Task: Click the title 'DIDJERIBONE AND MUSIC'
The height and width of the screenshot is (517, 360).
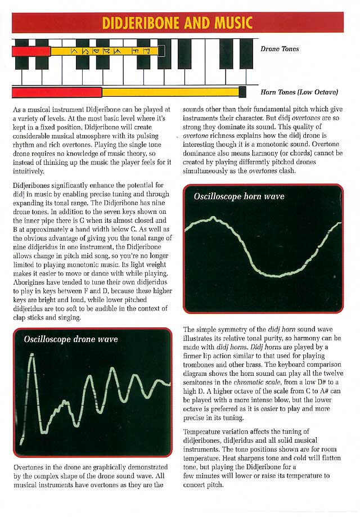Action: tap(177, 23)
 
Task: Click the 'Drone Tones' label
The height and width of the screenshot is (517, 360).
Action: tap(280, 50)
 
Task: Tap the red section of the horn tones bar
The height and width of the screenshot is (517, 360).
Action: tap(56, 92)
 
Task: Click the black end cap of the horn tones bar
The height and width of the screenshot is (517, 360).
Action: tap(242, 92)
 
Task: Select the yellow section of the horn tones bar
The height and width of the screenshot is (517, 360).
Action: tap(169, 92)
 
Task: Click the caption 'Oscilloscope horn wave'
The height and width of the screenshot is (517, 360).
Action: tap(239, 197)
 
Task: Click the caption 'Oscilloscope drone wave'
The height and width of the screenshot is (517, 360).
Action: tap(70, 339)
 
